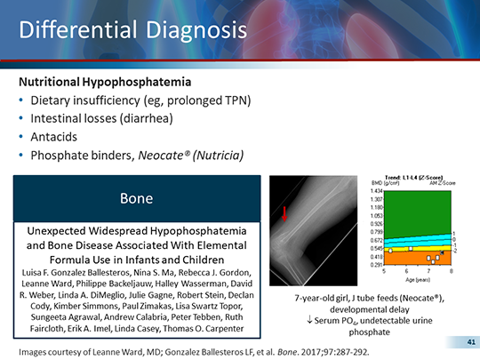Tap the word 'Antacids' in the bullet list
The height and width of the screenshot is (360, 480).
coord(56,137)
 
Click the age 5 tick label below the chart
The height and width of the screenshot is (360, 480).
coord(385,270)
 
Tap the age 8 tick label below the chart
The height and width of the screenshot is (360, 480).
coord(451,270)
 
